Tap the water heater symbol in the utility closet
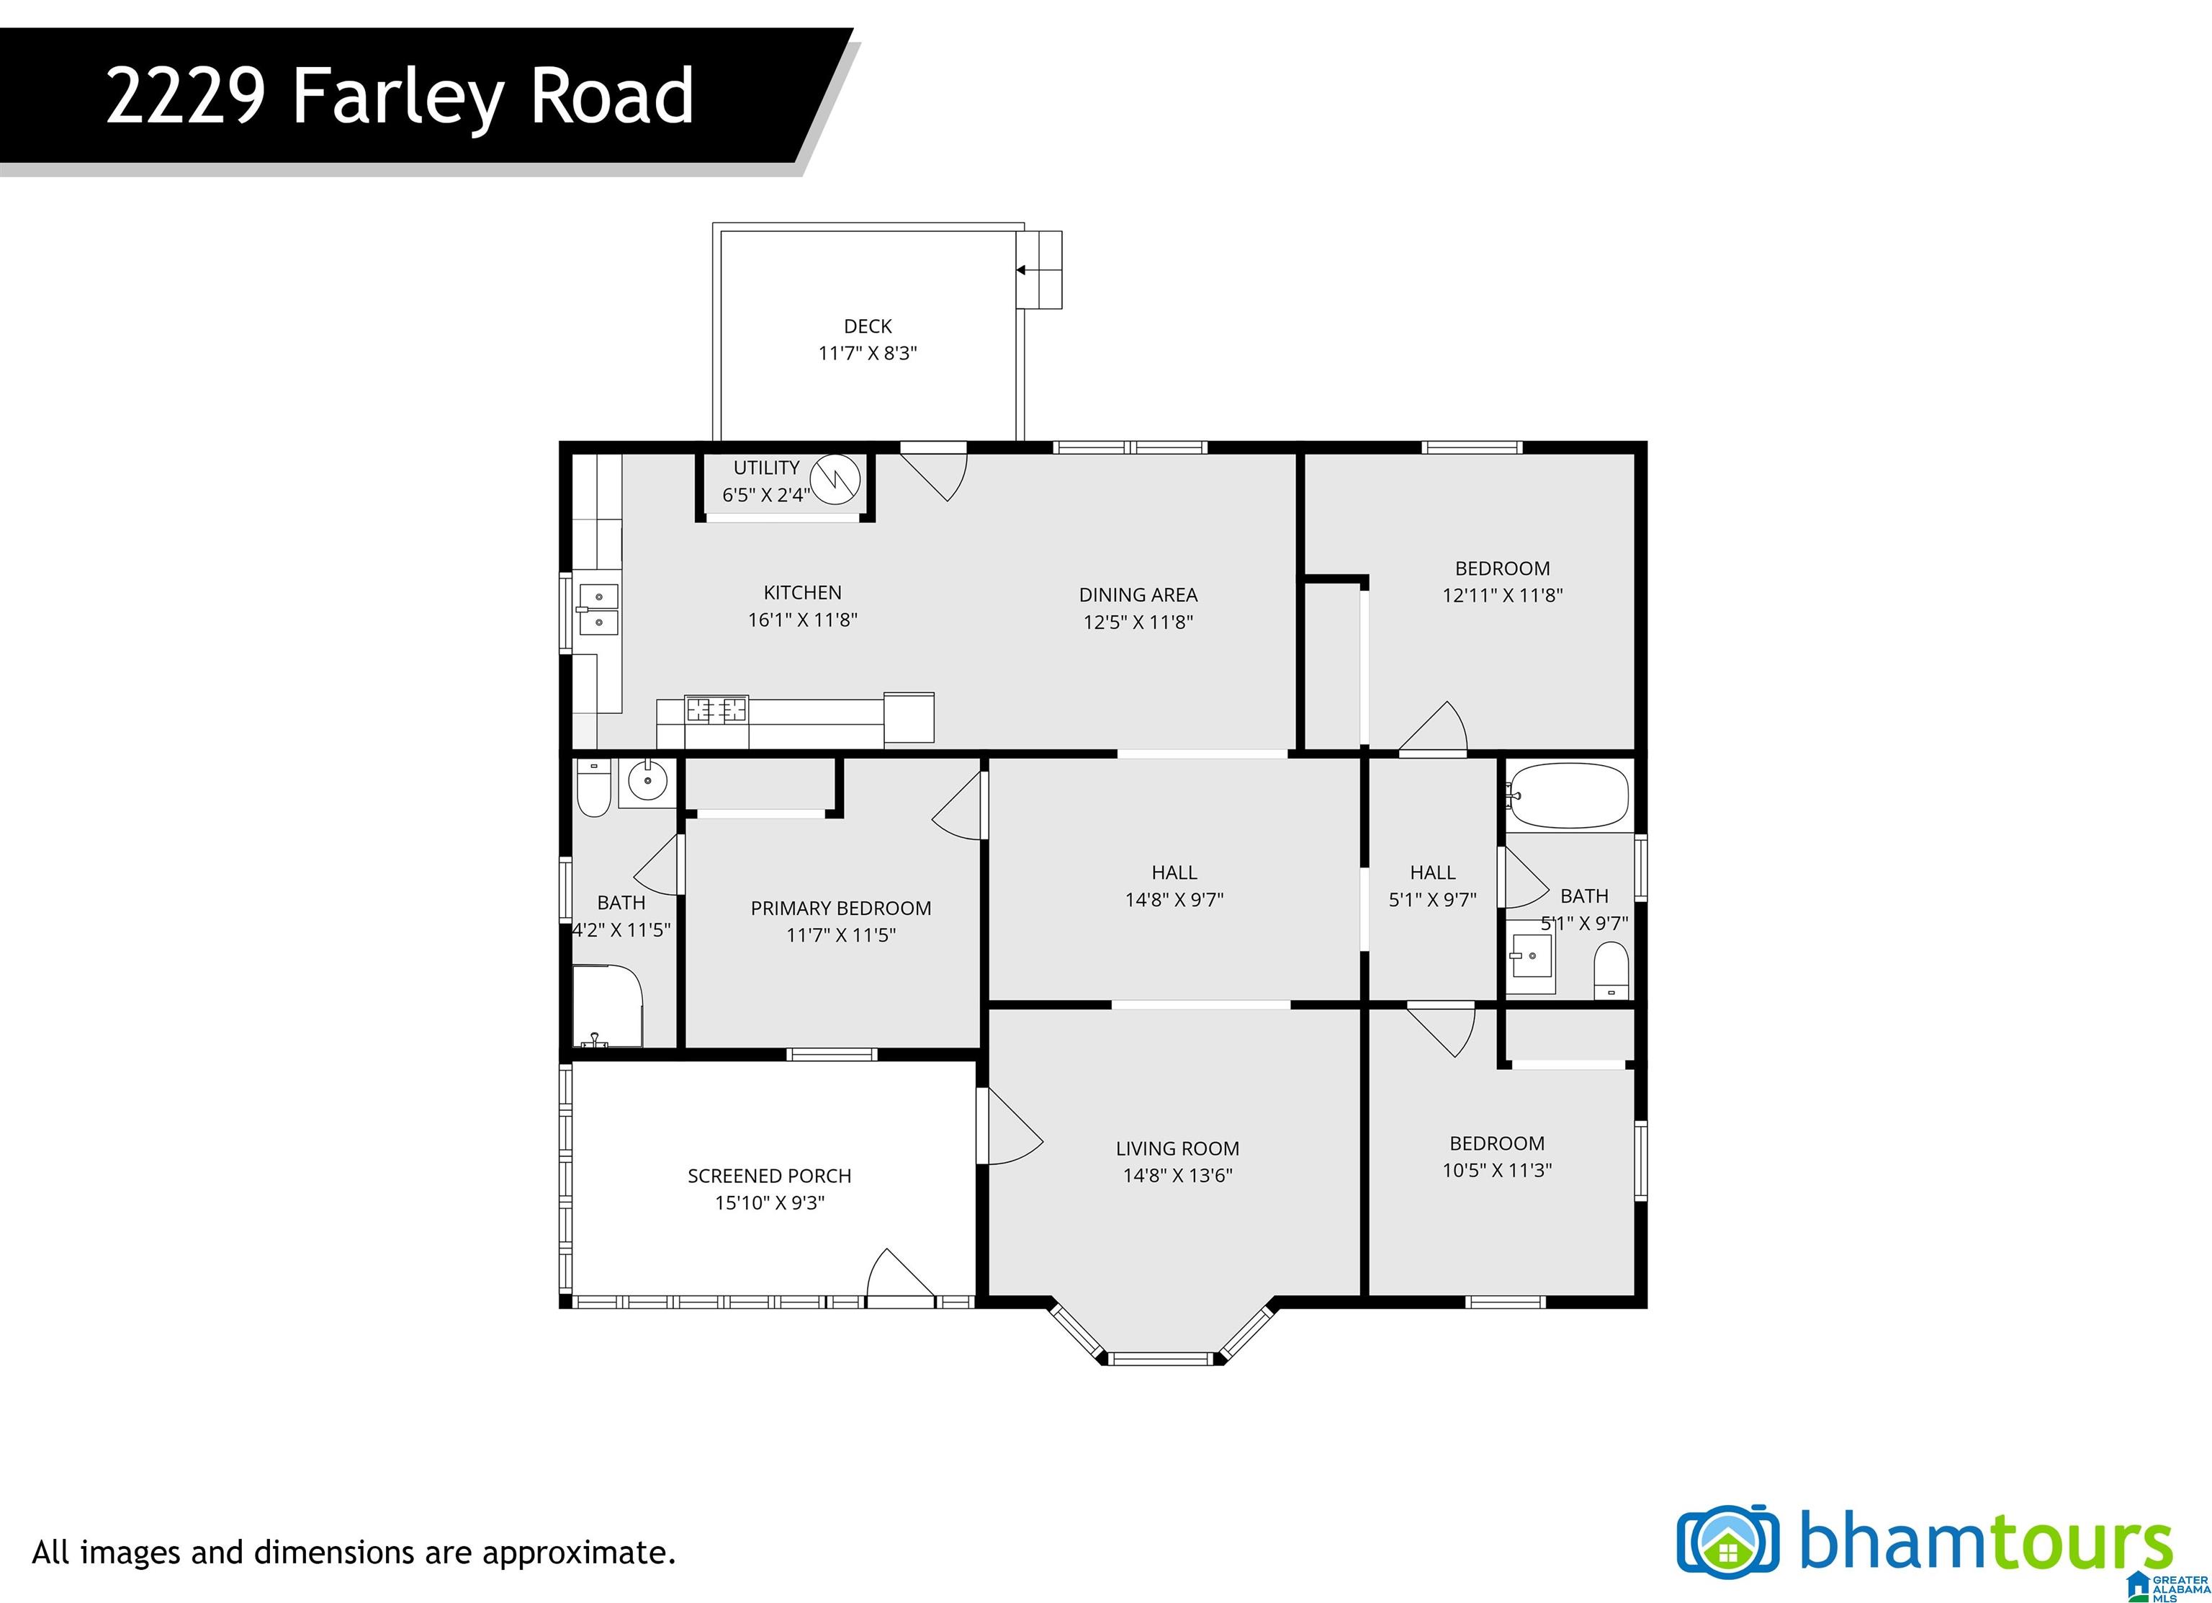(x=836, y=479)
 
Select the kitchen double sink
(x=598, y=608)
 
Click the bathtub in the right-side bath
(x=1568, y=795)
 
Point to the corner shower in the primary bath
(x=606, y=1006)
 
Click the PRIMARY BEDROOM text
(x=841, y=908)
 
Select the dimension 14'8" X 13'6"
(x=1177, y=1176)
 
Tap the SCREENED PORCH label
(x=770, y=1176)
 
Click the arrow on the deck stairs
(x=1021, y=270)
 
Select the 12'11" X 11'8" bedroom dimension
(x=1502, y=595)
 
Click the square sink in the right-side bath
(x=1530, y=956)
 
